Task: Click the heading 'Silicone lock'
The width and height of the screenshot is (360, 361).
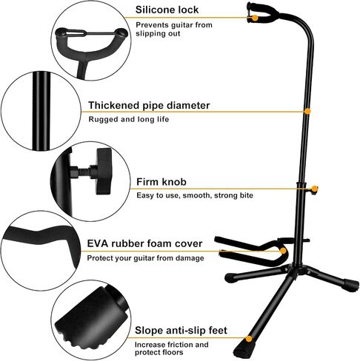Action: pos(167,10)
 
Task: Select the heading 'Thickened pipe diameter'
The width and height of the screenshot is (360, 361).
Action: pos(149,105)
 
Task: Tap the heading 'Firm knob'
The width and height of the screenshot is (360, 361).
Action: pos(161,182)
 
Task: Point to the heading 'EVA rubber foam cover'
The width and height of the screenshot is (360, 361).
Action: pos(144,243)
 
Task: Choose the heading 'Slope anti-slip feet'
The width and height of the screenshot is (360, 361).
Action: pos(181,330)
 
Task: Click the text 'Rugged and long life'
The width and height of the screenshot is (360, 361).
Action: pos(129,119)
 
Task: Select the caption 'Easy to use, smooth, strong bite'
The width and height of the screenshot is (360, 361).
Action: pos(195,195)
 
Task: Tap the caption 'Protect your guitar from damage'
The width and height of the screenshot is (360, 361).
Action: pos(146,258)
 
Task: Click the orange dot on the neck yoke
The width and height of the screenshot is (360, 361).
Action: pos(256,18)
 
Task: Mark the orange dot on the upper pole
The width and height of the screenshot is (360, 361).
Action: pos(307,112)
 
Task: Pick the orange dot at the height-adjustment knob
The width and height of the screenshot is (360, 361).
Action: pos(314,189)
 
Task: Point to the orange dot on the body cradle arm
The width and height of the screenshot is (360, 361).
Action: pos(284,251)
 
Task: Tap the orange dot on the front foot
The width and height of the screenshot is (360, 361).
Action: pos(249,339)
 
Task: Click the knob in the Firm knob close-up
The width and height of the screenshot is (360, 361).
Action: pos(104,172)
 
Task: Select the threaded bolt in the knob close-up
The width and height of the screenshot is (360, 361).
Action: pos(83,172)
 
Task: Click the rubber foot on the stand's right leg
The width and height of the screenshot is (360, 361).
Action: pos(351,283)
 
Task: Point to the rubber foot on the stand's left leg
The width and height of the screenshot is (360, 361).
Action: pos(230,278)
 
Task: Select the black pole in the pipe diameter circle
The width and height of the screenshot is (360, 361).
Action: pos(41,111)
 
